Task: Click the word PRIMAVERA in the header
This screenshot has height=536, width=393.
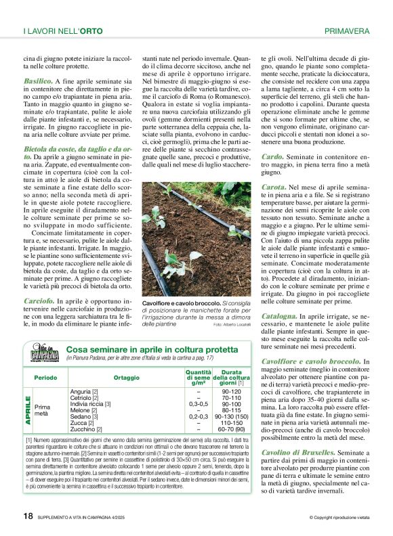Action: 347,31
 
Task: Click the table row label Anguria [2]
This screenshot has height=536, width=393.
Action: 85,392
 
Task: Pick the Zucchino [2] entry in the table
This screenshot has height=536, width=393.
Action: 85,429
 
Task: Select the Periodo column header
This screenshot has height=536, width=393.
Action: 45,378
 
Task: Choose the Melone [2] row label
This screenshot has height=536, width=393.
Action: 83,410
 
